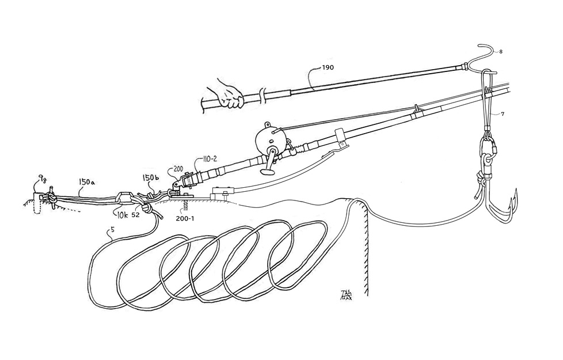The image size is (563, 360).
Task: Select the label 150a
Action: point(88,182)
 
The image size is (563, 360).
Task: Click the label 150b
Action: point(151,178)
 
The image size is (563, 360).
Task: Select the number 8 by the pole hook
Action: point(500,52)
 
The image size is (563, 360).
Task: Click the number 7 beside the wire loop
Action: point(502,114)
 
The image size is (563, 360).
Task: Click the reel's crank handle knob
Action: point(268,171)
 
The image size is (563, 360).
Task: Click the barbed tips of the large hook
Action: point(513,199)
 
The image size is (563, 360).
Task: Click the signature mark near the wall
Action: point(346,295)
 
